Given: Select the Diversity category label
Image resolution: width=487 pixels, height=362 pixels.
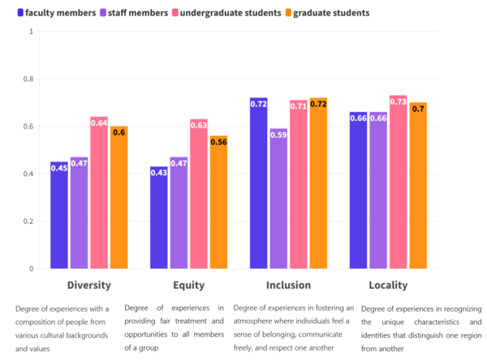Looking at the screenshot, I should point(88,285).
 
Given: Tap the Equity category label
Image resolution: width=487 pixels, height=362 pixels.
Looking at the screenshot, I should point(188,285).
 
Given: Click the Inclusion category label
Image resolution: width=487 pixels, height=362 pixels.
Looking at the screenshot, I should point(288,285).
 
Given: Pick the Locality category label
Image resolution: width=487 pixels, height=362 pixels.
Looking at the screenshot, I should point(388,285).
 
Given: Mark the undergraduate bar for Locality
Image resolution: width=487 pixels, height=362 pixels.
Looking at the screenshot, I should point(398,187).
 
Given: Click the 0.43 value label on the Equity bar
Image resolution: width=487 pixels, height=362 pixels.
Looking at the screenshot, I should point(159,173).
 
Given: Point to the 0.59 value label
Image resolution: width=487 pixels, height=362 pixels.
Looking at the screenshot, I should point(278,135).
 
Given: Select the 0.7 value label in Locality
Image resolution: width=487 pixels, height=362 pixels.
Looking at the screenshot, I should point(418,108).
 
